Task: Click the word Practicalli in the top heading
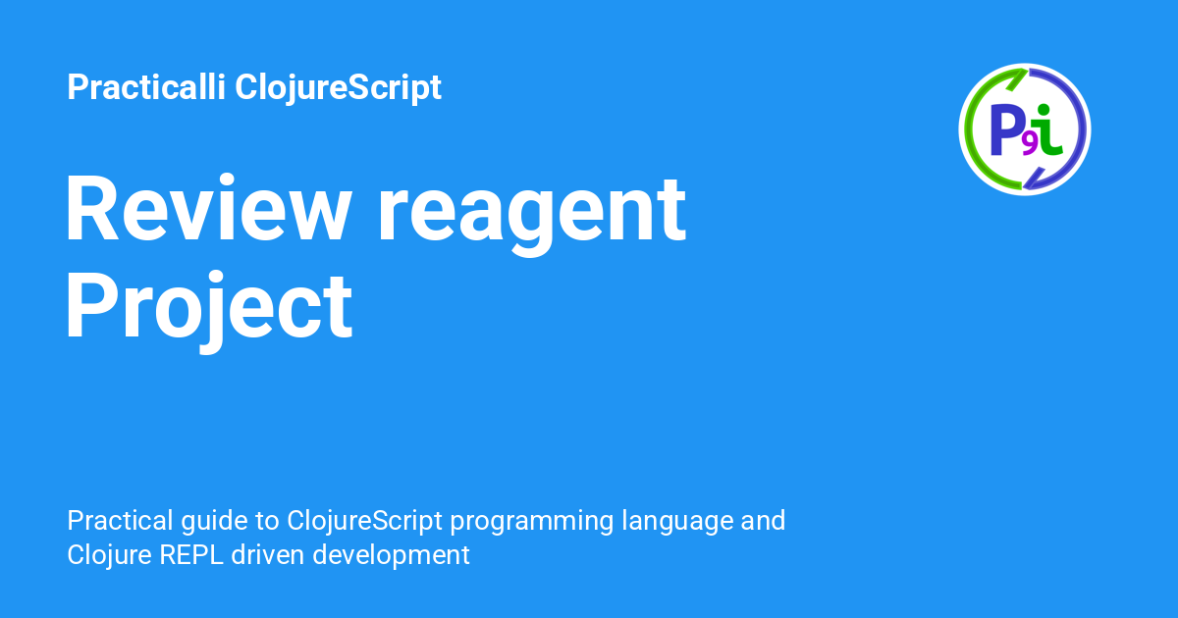146,86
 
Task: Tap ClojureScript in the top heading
338,88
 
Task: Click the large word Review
208,208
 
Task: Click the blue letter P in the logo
1005,129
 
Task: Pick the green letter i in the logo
1048,129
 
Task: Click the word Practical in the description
121,521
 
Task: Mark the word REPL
191,555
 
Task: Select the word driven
268,555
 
